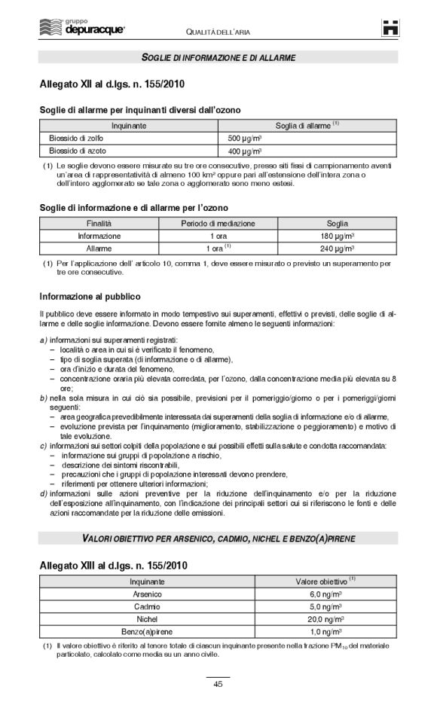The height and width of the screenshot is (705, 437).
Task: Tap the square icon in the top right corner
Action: point(390,28)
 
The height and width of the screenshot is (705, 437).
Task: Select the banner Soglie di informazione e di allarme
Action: point(218,57)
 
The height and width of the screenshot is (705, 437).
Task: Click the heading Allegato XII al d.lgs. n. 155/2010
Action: point(112,83)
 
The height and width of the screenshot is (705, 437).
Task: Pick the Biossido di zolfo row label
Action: point(72,139)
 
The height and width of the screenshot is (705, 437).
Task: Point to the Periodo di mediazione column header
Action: point(218,224)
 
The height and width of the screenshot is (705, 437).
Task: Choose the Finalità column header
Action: point(99,224)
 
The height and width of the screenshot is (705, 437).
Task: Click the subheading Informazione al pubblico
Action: point(90,296)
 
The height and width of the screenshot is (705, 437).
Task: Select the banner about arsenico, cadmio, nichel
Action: point(218,538)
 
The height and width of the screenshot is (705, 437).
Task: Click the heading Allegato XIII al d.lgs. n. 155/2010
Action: point(114,564)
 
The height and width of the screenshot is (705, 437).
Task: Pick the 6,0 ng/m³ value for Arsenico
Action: point(325,594)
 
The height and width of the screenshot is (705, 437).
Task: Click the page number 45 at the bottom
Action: point(218,684)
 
